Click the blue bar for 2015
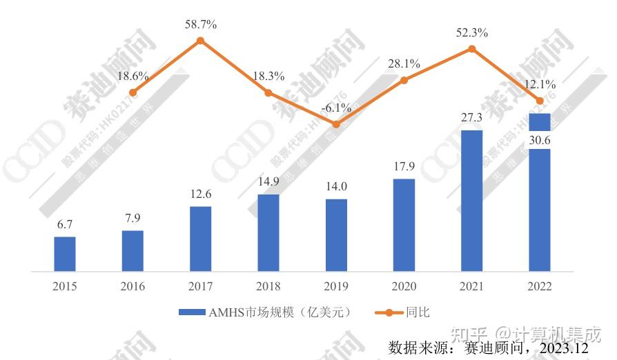coord(65,254)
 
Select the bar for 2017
coord(201,239)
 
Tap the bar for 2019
coord(336,235)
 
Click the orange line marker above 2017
coord(201,41)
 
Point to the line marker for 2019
coord(336,124)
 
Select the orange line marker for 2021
coord(472,49)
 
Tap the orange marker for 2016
coord(133,92)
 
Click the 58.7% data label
coord(201,25)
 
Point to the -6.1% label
coord(336,108)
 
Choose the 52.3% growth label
coord(472,32)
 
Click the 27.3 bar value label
coord(472,118)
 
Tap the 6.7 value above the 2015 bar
coord(65,225)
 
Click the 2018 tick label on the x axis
coord(268,287)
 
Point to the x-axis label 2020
coord(404,287)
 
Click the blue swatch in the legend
coord(193,312)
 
